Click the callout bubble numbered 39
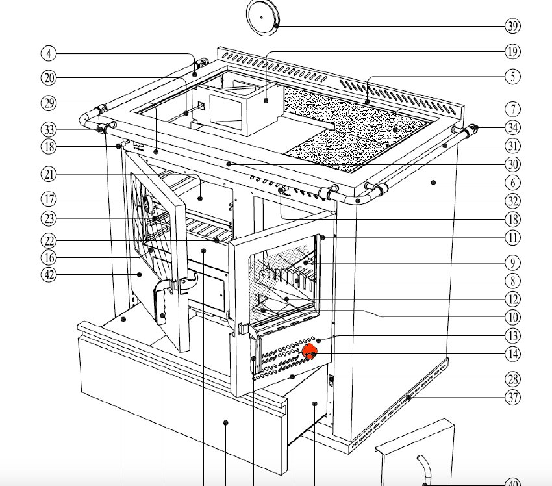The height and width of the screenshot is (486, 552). [x=512, y=26]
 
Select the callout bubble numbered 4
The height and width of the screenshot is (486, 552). [x=49, y=53]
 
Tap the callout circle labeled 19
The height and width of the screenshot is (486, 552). [x=512, y=51]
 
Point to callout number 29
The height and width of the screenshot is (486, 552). [x=49, y=103]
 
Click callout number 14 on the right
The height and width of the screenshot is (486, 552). [x=512, y=353]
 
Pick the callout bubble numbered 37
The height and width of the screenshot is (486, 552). [x=512, y=397]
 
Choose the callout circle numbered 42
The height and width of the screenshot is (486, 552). [x=49, y=274]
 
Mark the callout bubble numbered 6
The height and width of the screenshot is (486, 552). [x=512, y=183]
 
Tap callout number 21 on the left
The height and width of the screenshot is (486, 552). [x=49, y=174]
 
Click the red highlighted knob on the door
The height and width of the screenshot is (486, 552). [x=309, y=352]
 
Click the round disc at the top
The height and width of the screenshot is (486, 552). [x=263, y=18]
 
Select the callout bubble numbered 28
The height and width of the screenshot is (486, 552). [x=512, y=379]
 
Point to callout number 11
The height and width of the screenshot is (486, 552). [x=512, y=237]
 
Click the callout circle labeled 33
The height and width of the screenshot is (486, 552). [x=49, y=129]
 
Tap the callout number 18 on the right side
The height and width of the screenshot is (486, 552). [x=512, y=220]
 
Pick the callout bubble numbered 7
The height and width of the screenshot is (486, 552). [x=512, y=109]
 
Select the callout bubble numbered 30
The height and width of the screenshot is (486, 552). [x=512, y=164]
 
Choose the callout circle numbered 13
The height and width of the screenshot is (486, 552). [x=512, y=336]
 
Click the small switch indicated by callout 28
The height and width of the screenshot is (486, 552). [x=331, y=380]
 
